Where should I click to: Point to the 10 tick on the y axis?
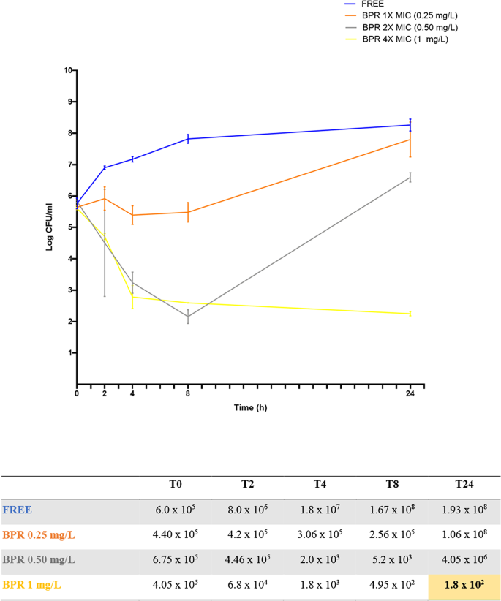pos(68,71)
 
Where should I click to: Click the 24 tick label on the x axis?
pos(410,393)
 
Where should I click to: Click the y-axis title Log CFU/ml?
pos(50,227)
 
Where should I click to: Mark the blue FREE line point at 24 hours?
pos(410,125)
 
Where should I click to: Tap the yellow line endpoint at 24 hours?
pos(410,314)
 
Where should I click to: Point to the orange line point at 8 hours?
pos(188,212)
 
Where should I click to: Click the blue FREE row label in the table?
pos(17,509)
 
